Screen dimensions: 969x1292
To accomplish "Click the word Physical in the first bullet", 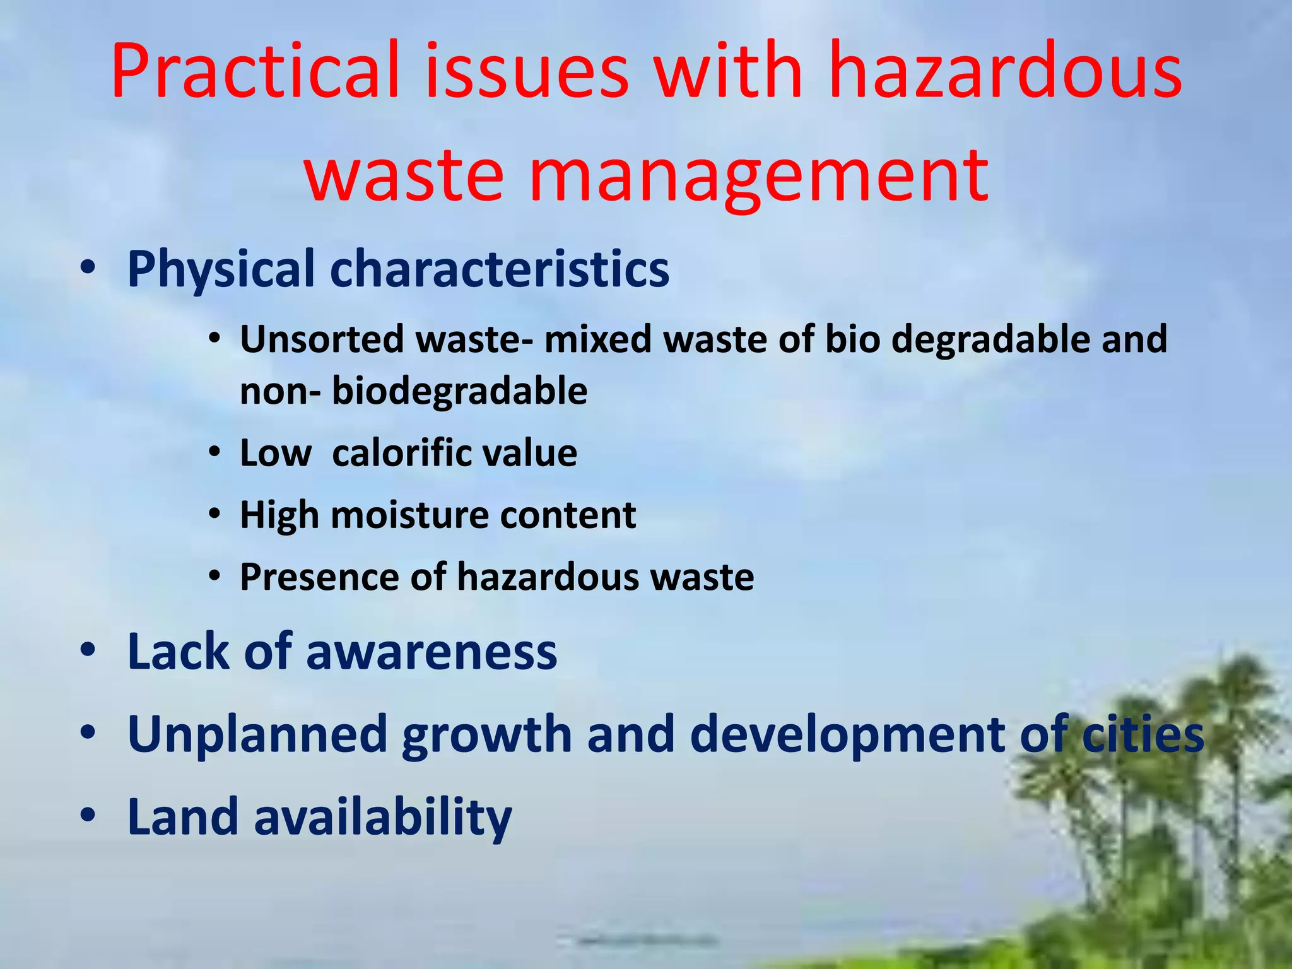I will pos(221,270).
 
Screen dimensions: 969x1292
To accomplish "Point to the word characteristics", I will pos(499,270).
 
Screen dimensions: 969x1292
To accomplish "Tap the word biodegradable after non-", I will pos(459,391).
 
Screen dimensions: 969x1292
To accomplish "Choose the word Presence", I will pos(319,577).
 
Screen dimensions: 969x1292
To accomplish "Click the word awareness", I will pos(432,652).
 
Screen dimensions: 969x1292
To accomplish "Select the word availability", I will pos(382,817).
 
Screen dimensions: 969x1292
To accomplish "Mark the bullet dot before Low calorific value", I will pos(215,453).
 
